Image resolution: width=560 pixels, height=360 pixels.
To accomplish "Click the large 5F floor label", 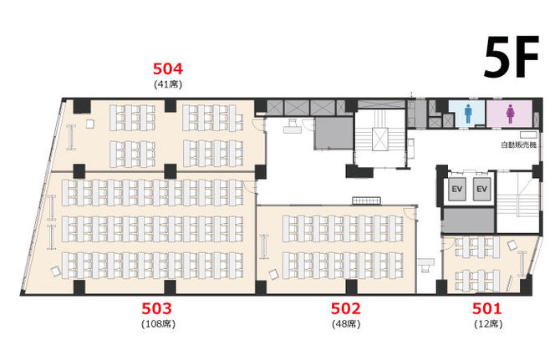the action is (512, 57).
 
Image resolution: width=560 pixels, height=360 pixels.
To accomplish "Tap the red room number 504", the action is (168, 68).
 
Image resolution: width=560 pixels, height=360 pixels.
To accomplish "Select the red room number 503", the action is (157, 308).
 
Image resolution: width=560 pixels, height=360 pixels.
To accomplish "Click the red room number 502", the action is (346, 308).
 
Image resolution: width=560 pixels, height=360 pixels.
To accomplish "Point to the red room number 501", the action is (487, 308).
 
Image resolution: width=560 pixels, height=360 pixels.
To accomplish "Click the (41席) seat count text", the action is (168, 84).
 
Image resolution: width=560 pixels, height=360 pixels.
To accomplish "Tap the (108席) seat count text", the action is (159, 324).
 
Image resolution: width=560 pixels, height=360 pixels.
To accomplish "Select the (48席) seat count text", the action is (346, 324).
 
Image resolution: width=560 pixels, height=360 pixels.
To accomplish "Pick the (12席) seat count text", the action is (488, 324).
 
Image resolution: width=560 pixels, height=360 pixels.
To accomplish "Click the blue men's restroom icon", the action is (468, 114).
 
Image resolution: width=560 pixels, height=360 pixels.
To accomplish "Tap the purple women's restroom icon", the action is (510, 114).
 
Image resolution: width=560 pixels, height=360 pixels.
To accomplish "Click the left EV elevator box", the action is (457, 189).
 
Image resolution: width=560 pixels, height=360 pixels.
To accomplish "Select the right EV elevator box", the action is (481, 189).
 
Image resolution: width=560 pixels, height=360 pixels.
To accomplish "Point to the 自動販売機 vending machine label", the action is (519, 145).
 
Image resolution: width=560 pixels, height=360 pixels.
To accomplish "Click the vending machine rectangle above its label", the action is (528, 134).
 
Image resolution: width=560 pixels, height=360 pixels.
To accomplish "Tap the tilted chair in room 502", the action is (274, 275).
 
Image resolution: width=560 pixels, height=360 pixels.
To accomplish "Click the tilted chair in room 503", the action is (56, 271).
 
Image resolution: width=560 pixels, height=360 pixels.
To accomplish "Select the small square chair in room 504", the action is (90, 124).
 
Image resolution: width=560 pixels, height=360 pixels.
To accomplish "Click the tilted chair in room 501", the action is (512, 246).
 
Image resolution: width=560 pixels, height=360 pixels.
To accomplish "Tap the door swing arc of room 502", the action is (410, 214).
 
